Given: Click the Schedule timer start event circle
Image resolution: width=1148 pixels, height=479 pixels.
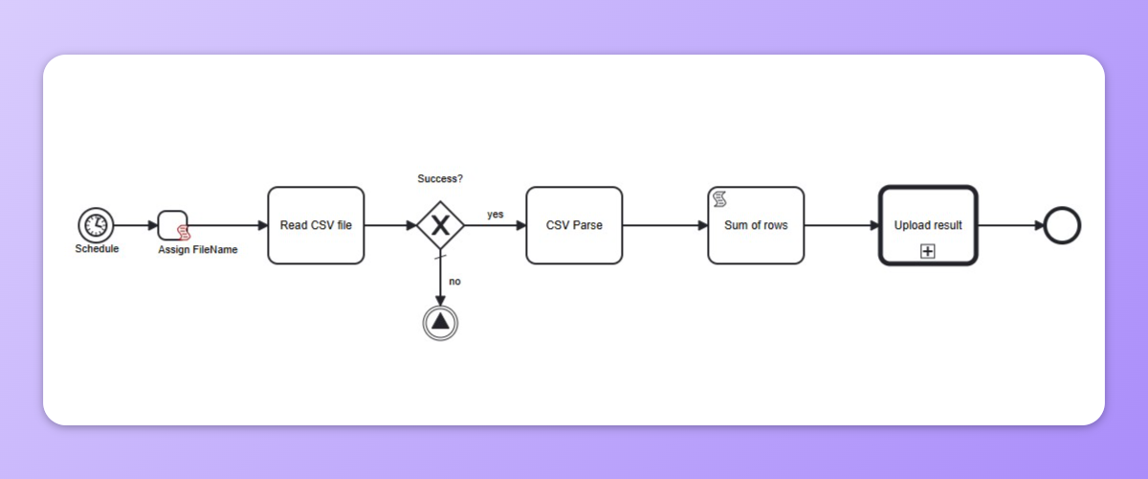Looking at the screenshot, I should point(96,225).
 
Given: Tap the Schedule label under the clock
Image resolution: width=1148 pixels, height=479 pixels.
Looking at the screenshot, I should point(97,249).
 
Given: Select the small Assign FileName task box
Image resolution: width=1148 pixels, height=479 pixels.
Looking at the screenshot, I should point(172,225).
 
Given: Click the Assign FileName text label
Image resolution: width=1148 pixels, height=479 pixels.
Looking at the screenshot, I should point(198,250).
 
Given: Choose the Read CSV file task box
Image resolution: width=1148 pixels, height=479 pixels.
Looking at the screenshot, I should point(316,225).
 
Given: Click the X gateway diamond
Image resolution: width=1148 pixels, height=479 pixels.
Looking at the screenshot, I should point(440,225).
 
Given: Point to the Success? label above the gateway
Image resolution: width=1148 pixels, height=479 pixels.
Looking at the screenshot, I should point(440,179).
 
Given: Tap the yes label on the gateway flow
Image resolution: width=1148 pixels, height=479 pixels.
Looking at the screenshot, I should point(495,215).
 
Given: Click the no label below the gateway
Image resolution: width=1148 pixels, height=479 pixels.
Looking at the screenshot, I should point(455,282).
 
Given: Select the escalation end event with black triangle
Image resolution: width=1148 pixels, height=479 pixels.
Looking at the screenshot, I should point(440,322).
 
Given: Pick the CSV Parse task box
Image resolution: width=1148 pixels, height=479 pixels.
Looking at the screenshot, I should point(574,225).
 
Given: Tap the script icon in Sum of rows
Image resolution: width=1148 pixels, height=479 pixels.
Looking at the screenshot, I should point(720,198).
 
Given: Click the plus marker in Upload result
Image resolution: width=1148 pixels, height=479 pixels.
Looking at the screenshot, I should point(927,251).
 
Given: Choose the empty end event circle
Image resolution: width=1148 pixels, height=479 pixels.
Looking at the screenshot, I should point(1062,225).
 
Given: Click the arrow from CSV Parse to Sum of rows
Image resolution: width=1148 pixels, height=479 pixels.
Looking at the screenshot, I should point(665,226).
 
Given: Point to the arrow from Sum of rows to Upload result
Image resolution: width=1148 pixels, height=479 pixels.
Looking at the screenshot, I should point(842,226).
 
